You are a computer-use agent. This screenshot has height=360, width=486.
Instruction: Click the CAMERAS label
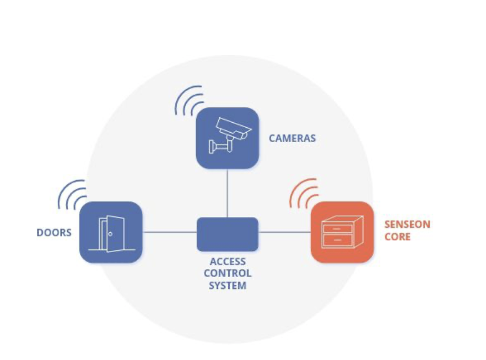click(x=292, y=138)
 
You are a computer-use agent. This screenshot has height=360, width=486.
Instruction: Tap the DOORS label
click(x=54, y=232)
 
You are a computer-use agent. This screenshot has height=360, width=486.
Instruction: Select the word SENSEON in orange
click(x=407, y=225)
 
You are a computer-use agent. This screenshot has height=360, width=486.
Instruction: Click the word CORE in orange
click(x=397, y=237)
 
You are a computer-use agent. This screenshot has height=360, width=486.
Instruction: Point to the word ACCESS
click(x=228, y=261)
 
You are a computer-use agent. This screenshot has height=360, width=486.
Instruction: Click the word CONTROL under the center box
click(x=228, y=274)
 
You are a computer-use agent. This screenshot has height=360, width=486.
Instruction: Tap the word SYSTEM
click(x=228, y=286)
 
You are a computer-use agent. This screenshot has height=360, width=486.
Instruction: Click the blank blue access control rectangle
click(x=228, y=234)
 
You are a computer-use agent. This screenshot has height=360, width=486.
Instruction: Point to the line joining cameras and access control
click(x=228, y=193)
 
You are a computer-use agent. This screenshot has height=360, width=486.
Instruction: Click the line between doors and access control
click(x=169, y=232)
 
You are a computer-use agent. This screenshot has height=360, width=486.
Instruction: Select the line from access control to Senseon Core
click(x=284, y=232)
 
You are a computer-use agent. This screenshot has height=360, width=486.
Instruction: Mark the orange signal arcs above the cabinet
click(x=304, y=193)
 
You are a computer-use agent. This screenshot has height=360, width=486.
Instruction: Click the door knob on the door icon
click(x=110, y=234)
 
